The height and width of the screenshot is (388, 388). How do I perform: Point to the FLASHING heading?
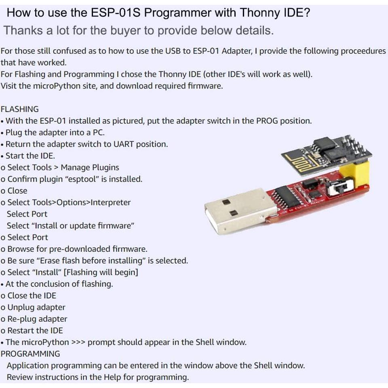point(20,109)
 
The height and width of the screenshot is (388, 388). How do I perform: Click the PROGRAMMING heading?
point(30,354)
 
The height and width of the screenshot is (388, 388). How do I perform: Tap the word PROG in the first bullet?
point(267,121)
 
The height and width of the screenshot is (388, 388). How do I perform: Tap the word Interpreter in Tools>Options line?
point(111,202)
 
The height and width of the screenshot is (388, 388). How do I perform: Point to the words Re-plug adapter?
point(37,319)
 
